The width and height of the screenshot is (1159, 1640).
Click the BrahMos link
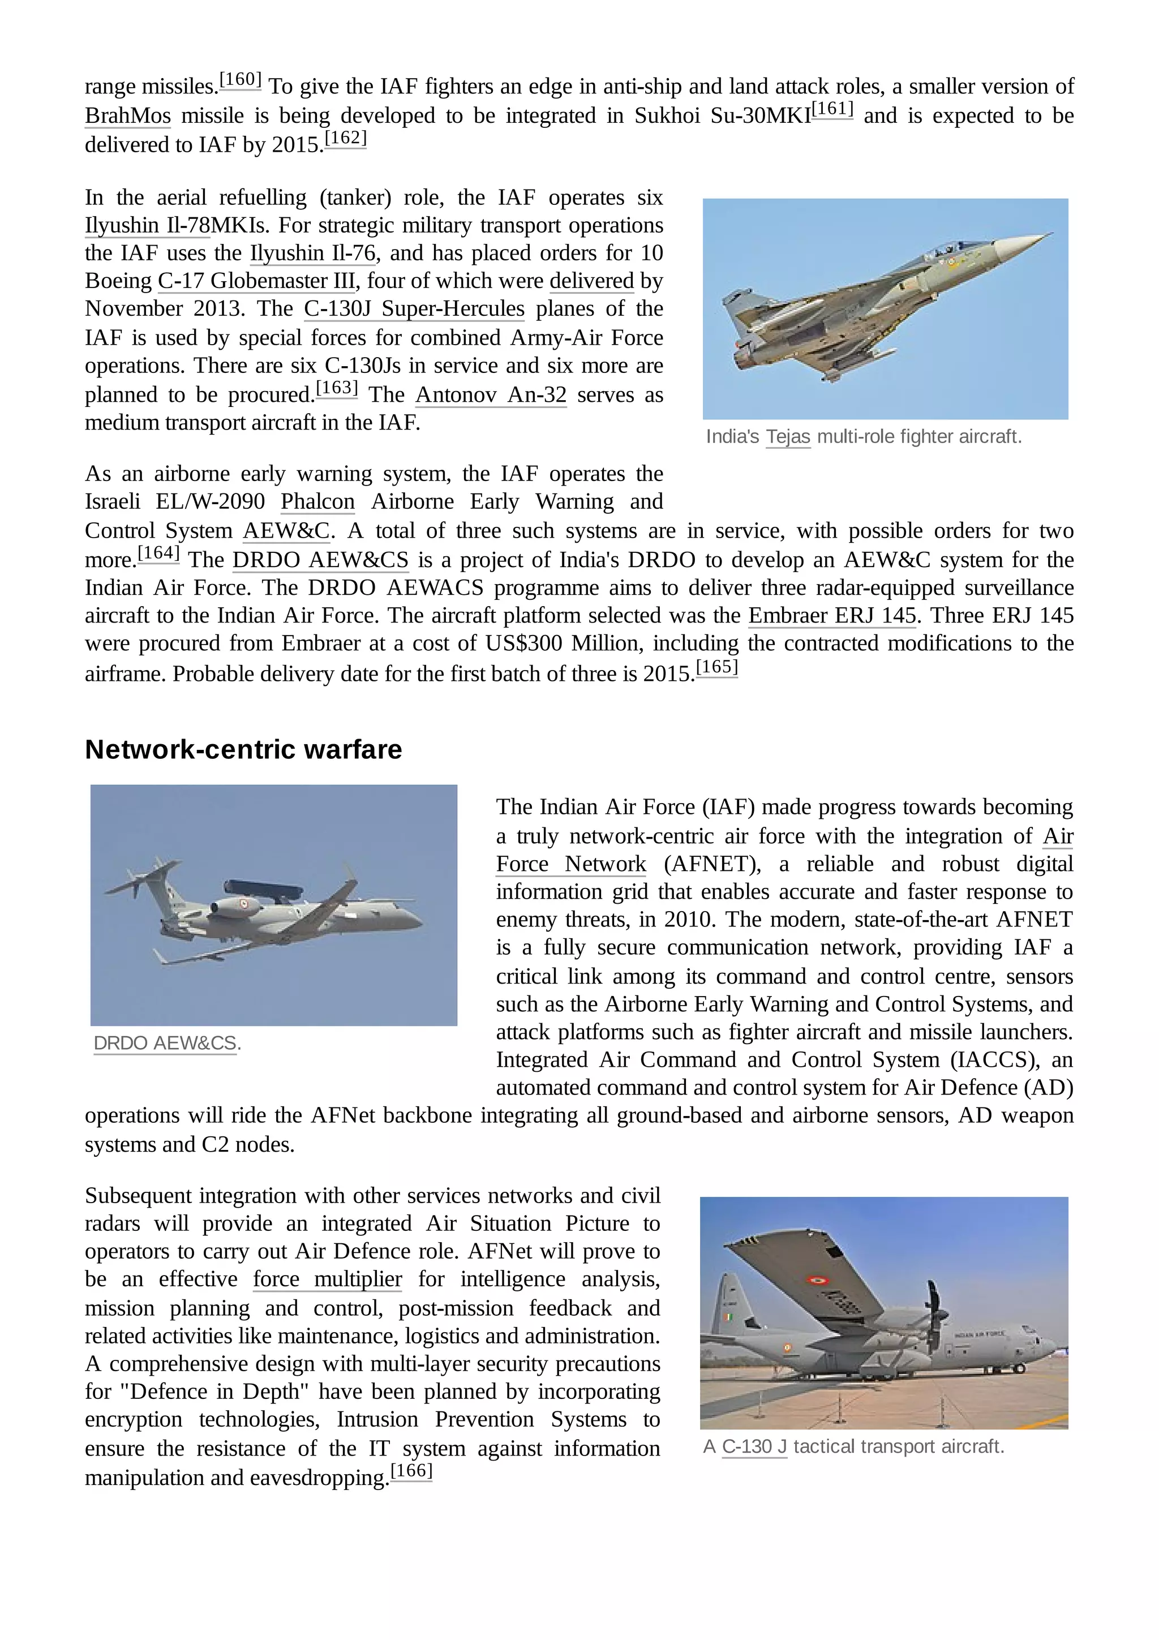coord(128,115)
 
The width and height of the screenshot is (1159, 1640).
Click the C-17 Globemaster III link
coord(256,281)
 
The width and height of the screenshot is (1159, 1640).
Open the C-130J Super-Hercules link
coord(414,308)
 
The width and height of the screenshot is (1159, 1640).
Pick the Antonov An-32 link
coord(491,394)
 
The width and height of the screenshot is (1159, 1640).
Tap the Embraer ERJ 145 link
coord(832,615)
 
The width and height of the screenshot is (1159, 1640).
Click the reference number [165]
coord(716,667)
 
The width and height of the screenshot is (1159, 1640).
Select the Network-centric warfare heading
coord(243,749)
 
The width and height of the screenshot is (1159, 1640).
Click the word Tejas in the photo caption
coord(788,436)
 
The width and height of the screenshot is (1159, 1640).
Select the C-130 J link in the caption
coord(754,1446)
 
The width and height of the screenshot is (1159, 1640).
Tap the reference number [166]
coord(411,1471)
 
